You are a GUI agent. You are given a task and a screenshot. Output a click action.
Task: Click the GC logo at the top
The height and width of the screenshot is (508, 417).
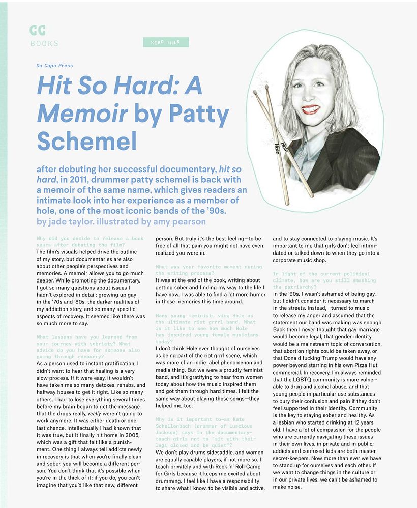pos(37,31)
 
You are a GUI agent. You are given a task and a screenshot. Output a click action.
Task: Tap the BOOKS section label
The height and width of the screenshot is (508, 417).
pos(44,44)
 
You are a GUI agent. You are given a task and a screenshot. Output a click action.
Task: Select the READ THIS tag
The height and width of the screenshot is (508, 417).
pos(166,42)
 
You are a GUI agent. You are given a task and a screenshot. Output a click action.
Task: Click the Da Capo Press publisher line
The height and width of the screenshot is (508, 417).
pos(54,66)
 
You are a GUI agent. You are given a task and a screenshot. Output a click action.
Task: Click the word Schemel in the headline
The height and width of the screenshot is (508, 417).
pos(87,141)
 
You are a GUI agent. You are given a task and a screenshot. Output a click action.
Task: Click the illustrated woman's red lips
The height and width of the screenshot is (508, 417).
pos(310,109)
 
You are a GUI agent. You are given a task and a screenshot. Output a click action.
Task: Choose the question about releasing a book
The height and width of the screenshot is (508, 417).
pos(90,242)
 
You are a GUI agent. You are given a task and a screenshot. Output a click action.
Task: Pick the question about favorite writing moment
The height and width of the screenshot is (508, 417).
pos(209,270)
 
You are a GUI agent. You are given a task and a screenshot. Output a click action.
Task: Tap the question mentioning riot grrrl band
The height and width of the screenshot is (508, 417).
pos(206,325)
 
